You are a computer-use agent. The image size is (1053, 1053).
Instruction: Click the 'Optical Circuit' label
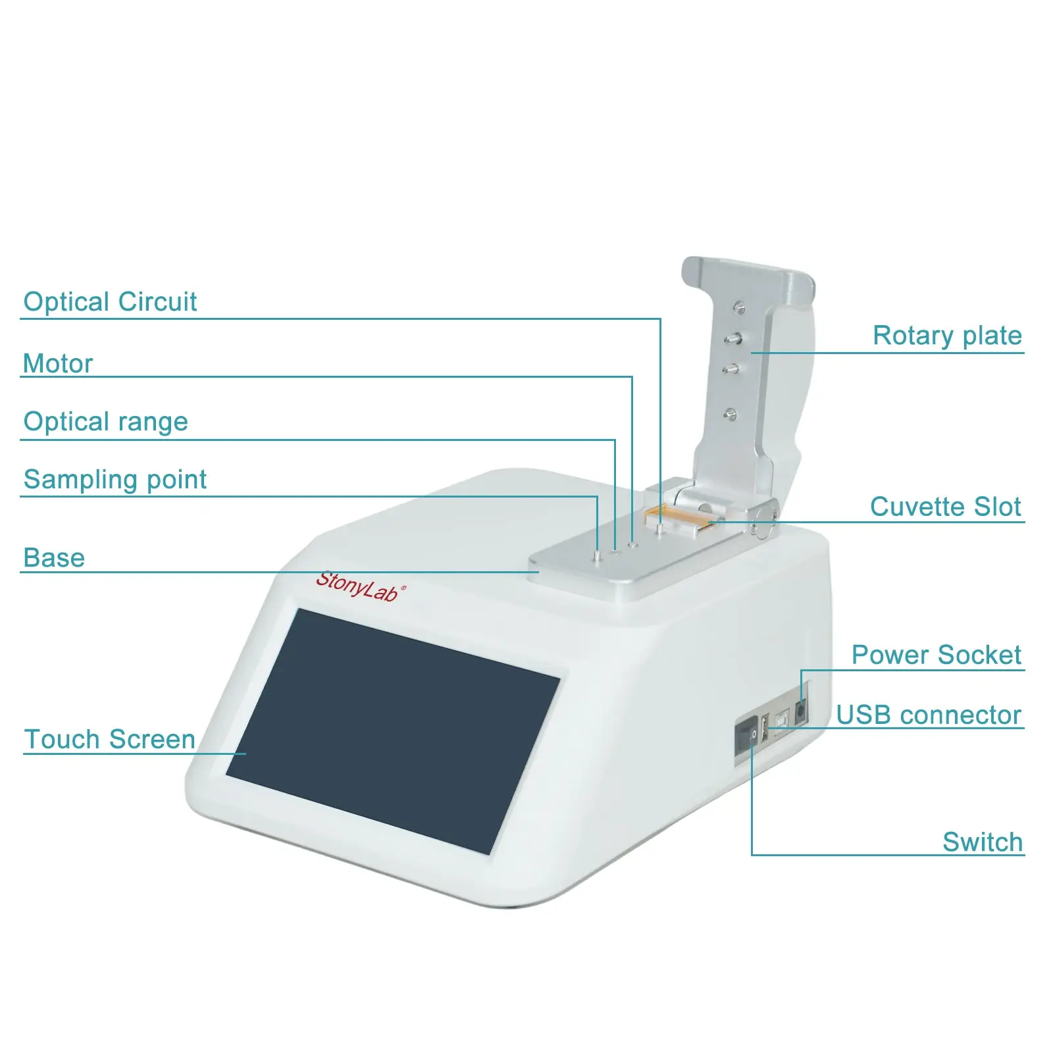(110, 302)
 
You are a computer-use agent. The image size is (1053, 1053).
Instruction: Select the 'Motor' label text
(58, 363)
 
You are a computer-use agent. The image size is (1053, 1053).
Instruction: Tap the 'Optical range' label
(106, 422)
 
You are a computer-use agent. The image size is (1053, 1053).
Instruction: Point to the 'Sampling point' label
(115, 480)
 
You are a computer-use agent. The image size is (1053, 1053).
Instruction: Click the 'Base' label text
(54, 558)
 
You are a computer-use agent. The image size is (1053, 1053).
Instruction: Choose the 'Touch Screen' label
(110, 739)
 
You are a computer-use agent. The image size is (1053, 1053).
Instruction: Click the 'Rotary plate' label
(947, 336)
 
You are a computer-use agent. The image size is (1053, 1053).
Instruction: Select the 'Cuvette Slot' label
(946, 507)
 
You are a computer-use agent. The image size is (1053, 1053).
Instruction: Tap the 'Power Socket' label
(937, 655)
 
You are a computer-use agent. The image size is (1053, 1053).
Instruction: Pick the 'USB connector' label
(929, 715)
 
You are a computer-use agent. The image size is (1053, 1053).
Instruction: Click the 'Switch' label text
(983, 842)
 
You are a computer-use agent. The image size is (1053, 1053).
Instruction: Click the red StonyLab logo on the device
(361, 586)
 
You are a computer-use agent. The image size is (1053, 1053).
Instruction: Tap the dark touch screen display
(394, 731)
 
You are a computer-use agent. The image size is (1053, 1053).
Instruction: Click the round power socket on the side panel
(801, 712)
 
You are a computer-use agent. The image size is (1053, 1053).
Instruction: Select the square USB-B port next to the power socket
(782, 721)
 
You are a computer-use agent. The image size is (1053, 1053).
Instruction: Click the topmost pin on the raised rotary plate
(739, 307)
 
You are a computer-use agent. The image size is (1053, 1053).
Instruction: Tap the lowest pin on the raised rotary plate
(730, 414)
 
